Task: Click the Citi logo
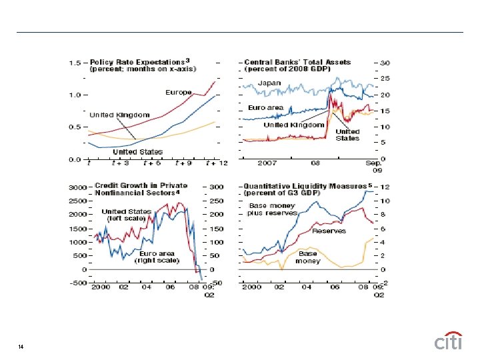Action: click(x=448, y=342)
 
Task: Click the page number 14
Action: click(x=22, y=347)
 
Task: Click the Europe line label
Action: click(x=179, y=92)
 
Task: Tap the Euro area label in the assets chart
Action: click(x=266, y=107)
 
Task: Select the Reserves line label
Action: click(x=329, y=231)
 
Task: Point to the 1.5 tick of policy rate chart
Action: click(x=75, y=63)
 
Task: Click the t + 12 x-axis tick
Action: click(x=215, y=163)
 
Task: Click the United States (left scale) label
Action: click(x=127, y=215)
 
